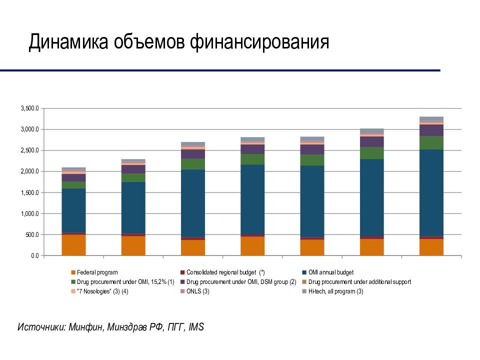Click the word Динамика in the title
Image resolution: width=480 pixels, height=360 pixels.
point(68,41)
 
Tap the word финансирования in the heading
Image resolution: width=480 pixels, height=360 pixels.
point(259,42)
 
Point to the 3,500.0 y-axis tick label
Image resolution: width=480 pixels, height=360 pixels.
point(30,108)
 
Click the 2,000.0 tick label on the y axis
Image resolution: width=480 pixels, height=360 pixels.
point(30,171)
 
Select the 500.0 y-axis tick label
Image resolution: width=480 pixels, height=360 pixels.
point(32,235)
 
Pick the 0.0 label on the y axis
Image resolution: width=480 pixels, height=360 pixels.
point(35,256)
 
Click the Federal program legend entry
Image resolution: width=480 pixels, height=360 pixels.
point(94,272)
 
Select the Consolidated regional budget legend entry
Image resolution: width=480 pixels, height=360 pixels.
point(222,272)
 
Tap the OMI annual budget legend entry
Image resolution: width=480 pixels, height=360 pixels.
point(328,272)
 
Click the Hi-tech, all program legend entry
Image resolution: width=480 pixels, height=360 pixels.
point(333,291)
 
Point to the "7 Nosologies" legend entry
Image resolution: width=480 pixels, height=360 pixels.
point(99,291)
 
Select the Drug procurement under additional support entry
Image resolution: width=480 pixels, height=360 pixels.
point(356,282)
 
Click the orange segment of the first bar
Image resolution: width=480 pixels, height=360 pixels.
point(74,245)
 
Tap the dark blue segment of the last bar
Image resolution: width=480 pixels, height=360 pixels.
point(431,193)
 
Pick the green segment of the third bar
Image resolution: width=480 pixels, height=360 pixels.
point(193,164)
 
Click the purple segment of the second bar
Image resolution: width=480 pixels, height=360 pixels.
point(133,169)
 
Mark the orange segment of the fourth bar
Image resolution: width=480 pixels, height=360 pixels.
point(252,246)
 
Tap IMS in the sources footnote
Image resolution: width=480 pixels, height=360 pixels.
point(196,327)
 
